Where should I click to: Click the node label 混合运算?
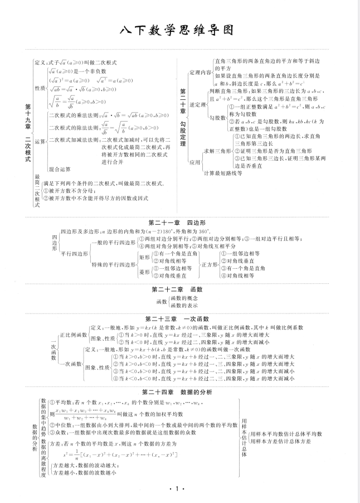point(60,168)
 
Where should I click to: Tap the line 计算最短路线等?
point(223,173)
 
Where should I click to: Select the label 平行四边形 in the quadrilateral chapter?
point(74,253)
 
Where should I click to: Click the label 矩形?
point(144,258)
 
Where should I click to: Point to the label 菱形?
point(144,272)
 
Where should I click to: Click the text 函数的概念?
point(183,298)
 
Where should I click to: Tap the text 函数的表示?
point(183,306)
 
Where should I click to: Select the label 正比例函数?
point(72,335)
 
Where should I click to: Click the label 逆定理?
point(198,104)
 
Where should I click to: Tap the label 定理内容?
point(201,72)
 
